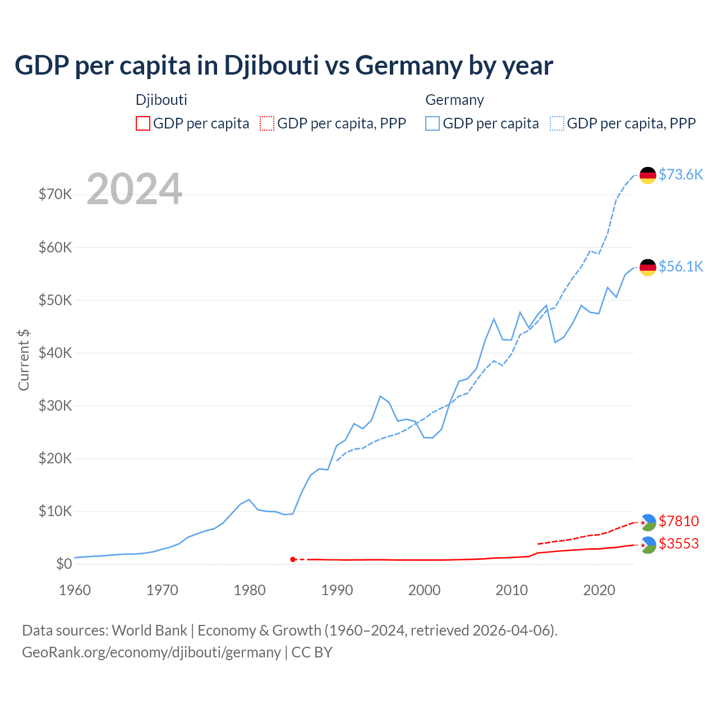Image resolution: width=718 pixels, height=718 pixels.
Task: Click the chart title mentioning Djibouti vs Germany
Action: click(284, 66)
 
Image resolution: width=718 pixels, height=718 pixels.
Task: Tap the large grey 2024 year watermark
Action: click(135, 189)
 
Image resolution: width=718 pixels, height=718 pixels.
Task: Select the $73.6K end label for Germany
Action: click(680, 174)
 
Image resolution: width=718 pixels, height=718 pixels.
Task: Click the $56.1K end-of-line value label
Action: click(680, 266)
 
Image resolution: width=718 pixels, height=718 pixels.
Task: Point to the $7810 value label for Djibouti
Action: click(679, 521)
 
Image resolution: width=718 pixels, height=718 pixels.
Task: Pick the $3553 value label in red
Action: click(679, 544)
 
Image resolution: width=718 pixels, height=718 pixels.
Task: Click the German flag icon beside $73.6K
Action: click(648, 175)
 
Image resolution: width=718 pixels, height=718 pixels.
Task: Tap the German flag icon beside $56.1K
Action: click(648, 267)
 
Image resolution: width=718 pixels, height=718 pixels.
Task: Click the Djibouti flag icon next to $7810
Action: click(648, 522)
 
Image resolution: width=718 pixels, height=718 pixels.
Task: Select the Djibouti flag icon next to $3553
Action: click(648, 545)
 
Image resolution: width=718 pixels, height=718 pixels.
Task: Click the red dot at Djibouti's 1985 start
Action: click(293, 559)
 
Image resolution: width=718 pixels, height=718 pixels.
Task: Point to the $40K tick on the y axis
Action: click(55, 353)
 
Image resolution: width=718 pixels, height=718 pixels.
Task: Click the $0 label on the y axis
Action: click(64, 564)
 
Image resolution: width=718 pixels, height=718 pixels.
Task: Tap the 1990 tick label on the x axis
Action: click(337, 590)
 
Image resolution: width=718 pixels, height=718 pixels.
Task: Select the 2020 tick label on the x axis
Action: click(599, 590)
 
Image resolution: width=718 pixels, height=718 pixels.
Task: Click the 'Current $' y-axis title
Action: click(24, 360)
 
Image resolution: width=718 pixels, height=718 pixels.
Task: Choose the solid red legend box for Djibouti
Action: click(143, 123)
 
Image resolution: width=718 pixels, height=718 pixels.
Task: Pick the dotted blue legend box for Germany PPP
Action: click(557, 123)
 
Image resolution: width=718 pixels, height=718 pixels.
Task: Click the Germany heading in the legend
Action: click(454, 100)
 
